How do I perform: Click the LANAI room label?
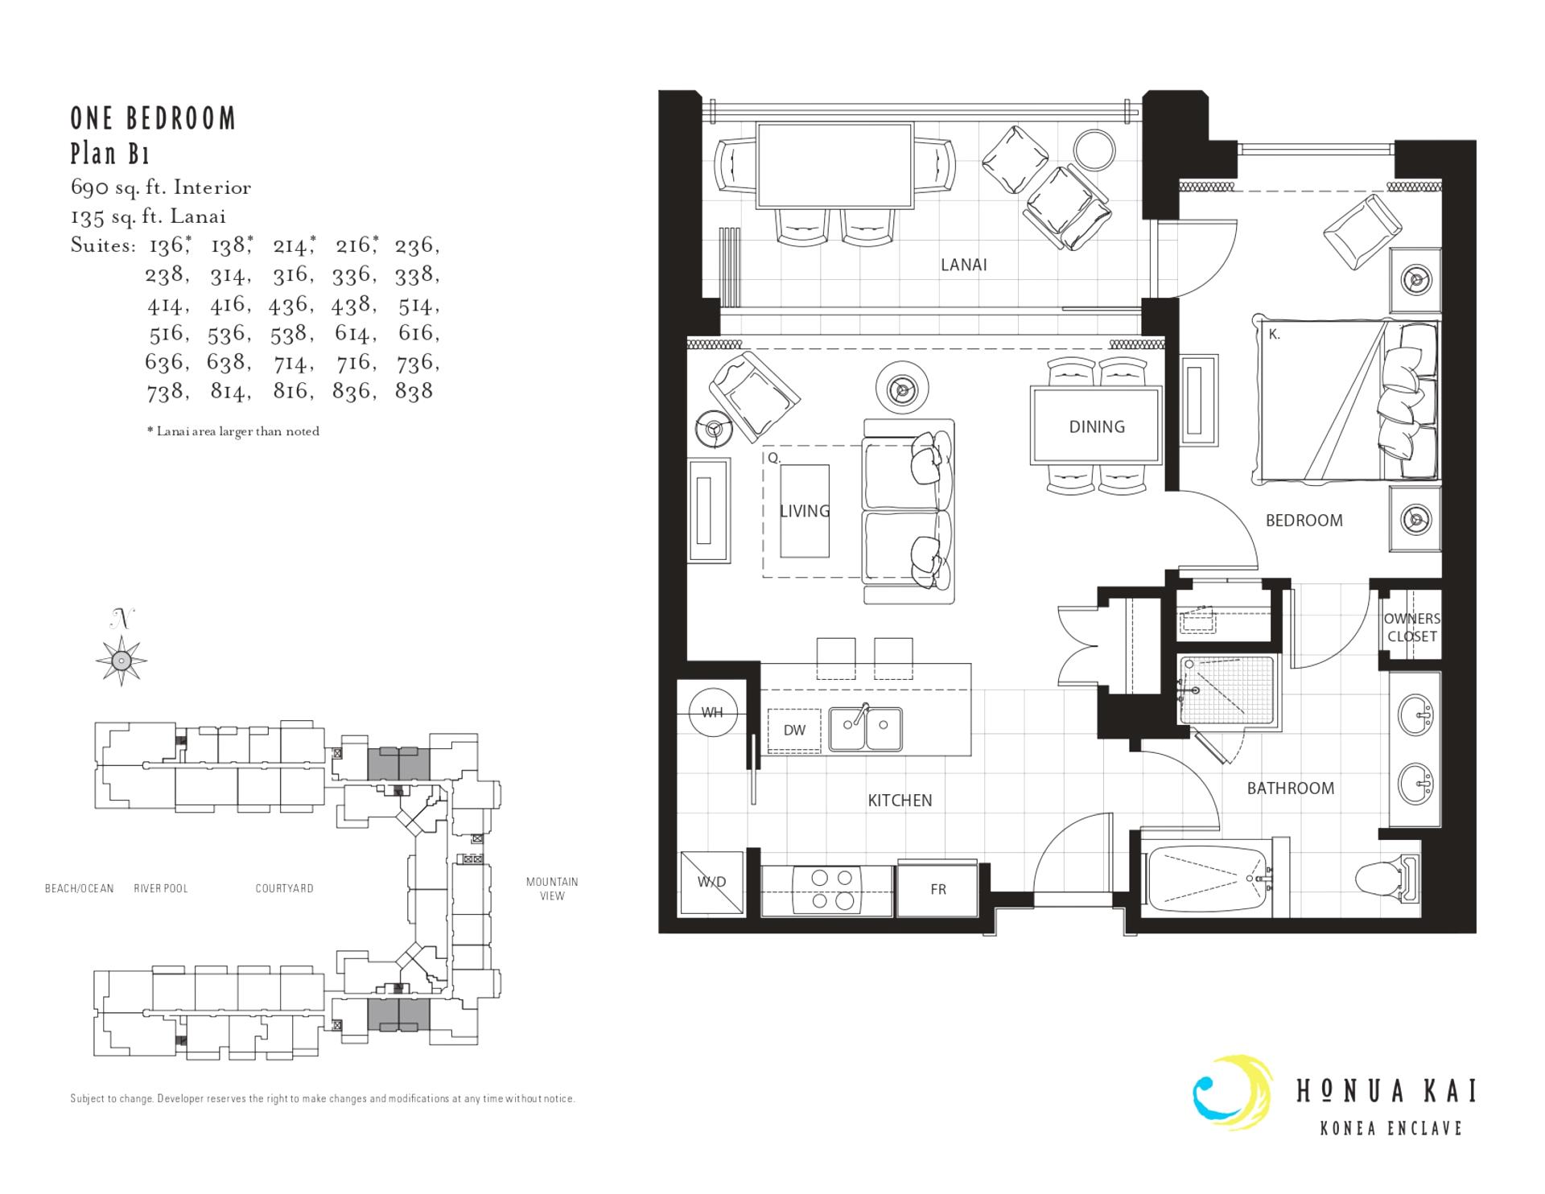[963, 265]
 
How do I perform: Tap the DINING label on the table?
[1096, 426]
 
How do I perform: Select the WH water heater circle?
[713, 712]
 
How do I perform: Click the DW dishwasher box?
[794, 731]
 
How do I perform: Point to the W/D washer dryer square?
[711, 883]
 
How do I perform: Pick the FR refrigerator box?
[937, 890]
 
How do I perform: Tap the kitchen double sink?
[866, 729]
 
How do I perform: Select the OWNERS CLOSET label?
[1411, 628]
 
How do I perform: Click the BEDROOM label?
[1304, 521]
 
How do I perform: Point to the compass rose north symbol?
[121, 660]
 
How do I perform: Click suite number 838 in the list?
[414, 391]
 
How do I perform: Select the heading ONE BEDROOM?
[153, 119]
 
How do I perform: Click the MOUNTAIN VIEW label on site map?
[552, 888]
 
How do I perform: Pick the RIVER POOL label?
[161, 888]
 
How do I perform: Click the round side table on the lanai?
[1095, 150]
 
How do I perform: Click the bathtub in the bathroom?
[1207, 879]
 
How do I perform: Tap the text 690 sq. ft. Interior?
[161, 187]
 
